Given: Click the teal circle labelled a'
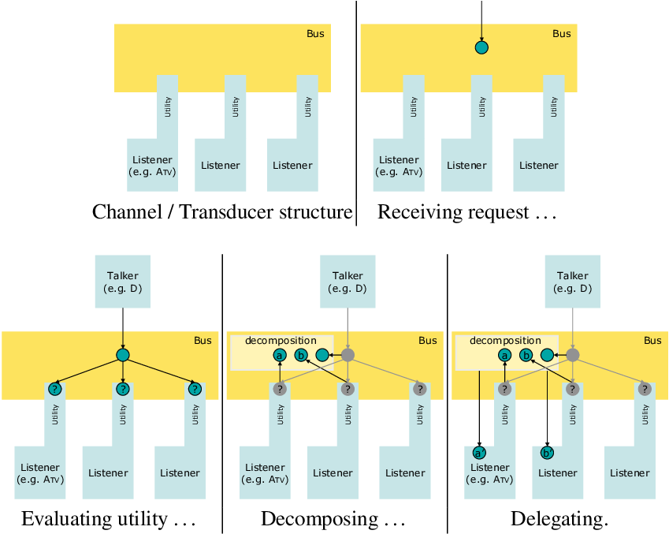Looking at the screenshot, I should pos(478,453).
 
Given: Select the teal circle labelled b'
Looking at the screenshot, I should pos(546,453).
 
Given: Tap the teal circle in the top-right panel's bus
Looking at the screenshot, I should pos(481,47).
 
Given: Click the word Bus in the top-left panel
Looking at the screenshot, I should pos(315,34).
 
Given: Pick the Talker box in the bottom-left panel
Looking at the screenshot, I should pos(122,282).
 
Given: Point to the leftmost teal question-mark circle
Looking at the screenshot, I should pos(54,389).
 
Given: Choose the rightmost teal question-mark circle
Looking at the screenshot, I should pos(195,389).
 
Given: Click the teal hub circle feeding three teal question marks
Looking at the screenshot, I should pos(123,356).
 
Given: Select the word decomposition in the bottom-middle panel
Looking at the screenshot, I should pos(281,341).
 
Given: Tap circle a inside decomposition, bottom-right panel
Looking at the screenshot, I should pos(504,356).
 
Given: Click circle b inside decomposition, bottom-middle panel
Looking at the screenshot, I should pos(301,356).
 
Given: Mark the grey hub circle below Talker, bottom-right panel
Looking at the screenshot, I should pos(573,356).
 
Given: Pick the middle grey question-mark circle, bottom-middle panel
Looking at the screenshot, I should pos(348,389).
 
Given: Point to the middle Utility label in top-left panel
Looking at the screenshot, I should pos(236,107).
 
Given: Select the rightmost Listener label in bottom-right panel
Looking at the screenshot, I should pos(630,473).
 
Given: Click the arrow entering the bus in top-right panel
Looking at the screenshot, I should pos(481,20).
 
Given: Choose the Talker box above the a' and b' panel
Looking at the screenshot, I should pos(573,282).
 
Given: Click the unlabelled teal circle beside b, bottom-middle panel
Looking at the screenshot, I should pos(321,356).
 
